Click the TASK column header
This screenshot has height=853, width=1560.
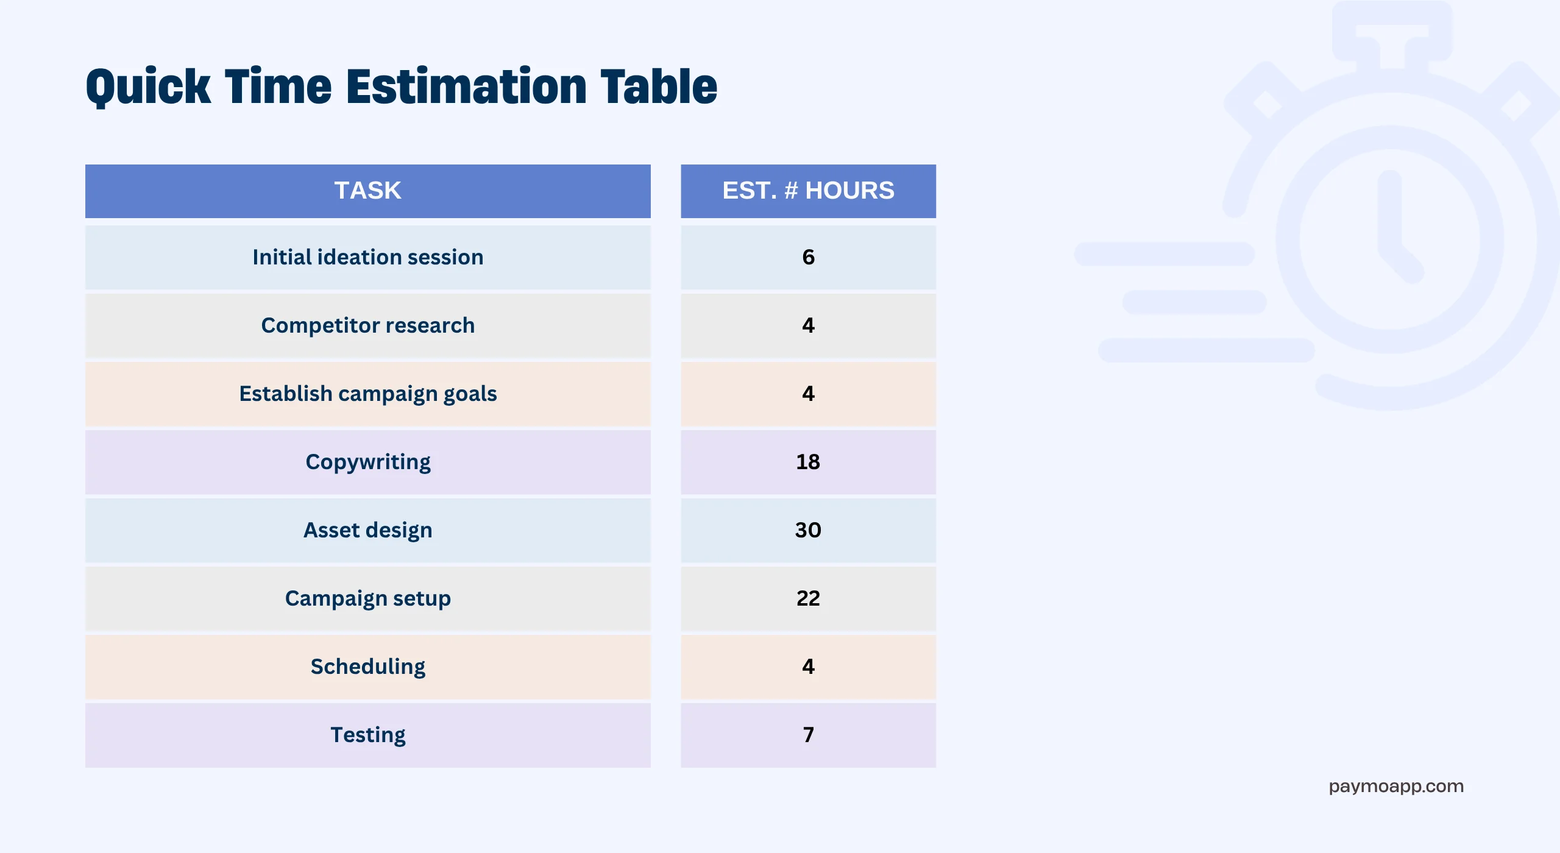tap(368, 191)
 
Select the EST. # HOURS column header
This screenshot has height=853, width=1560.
tap(808, 191)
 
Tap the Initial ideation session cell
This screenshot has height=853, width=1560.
tap(368, 257)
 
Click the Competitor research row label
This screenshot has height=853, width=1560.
tap(368, 325)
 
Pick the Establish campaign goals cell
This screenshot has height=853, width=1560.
tap(368, 394)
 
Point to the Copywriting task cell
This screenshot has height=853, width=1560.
tap(368, 462)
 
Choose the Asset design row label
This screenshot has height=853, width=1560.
tap(368, 530)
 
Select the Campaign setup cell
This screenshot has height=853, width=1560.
tap(368, 598)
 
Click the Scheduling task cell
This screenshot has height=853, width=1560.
tap(368, 667)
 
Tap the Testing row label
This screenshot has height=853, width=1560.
tap(368, 735)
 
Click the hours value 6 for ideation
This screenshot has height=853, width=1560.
tap(808, 257)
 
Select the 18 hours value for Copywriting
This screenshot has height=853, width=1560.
tap(808, 462)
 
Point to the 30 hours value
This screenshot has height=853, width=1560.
tap(808, 530)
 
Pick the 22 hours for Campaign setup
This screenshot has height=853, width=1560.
tap(808, 598)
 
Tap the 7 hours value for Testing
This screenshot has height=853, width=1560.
tap(808, 735)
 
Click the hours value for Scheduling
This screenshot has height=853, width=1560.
tap(808, 667)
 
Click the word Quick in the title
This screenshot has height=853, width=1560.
tap(148, 87)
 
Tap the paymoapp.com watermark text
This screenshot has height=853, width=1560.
tap(1396, 787)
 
